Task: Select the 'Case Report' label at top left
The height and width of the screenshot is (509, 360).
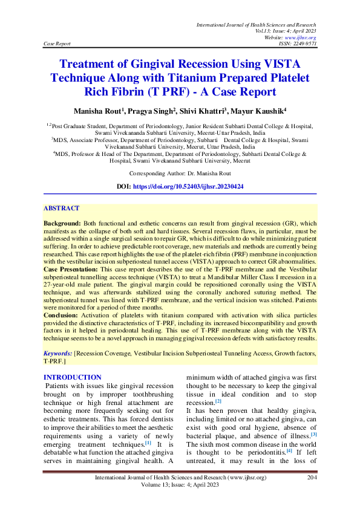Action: point(57,44)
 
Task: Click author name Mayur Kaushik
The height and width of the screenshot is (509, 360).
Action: point(260,111)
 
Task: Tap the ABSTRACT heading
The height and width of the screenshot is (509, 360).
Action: point(61,208)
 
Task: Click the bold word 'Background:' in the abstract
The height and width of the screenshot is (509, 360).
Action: point(63,223)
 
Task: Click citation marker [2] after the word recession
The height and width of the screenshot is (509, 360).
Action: point(218,401)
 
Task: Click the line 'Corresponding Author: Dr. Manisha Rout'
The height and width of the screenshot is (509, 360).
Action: point(180,173)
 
